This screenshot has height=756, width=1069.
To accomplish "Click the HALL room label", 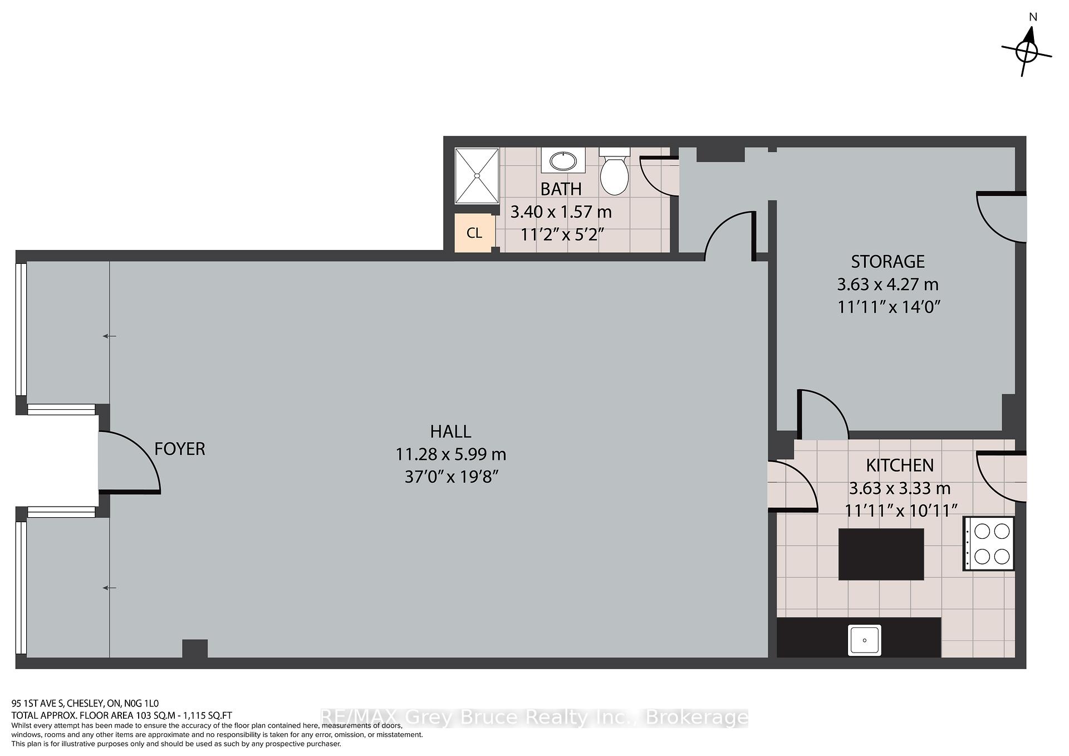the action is pos(450,431).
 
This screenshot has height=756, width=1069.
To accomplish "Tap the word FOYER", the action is pos(179,449).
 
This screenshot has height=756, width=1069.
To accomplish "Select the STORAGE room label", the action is pos(887,261).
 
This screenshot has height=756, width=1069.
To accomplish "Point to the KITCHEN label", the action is pos(899,465).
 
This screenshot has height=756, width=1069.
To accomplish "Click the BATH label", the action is pos(561,189).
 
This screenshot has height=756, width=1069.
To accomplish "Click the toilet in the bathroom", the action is pos(614,171).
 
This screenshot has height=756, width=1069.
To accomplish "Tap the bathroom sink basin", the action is pos(563,161).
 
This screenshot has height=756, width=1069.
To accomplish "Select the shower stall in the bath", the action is pos(477,176).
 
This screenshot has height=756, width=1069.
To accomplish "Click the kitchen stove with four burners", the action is pos(988,543).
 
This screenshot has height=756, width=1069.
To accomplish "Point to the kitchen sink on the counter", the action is pos(864,640).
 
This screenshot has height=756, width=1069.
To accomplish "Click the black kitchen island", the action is pos(881,554).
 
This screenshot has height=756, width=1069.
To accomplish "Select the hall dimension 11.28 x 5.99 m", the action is pos(450,454).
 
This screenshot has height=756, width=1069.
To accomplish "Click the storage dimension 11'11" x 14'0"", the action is pos(889,307).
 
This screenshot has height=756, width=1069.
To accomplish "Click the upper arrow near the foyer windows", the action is pos(109,336).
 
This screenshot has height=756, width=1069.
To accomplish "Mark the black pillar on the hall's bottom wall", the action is pos(195,649).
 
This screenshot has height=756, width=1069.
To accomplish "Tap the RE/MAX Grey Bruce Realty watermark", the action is pos(534,718).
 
